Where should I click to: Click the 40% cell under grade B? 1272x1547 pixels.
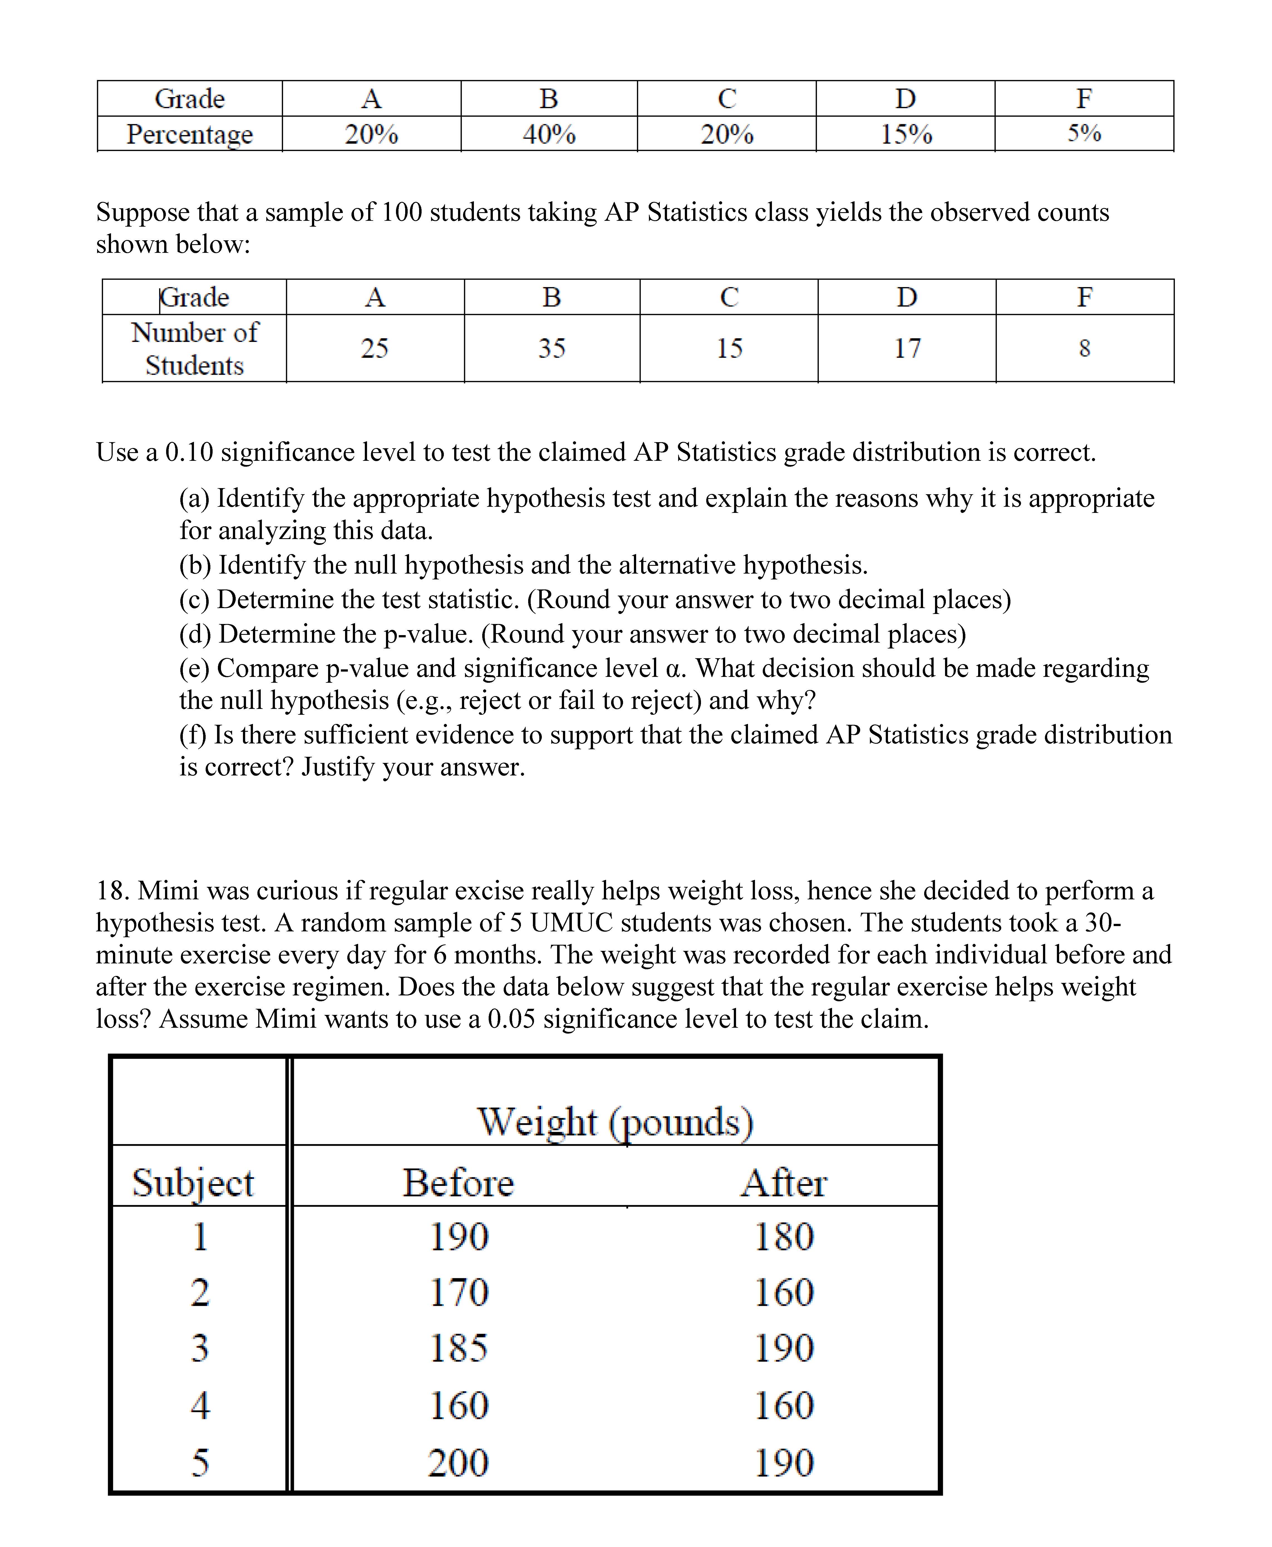coord(549,134)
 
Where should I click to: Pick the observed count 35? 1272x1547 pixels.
coord(552,347)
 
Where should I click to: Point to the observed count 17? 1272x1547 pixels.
coord(907,347)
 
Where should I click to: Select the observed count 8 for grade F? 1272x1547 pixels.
coord(1084,347)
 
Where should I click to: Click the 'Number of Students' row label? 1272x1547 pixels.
coord(194,348)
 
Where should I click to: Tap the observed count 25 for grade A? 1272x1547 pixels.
coord(374,347)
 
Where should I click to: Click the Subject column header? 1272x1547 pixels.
coord(193,1183)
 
